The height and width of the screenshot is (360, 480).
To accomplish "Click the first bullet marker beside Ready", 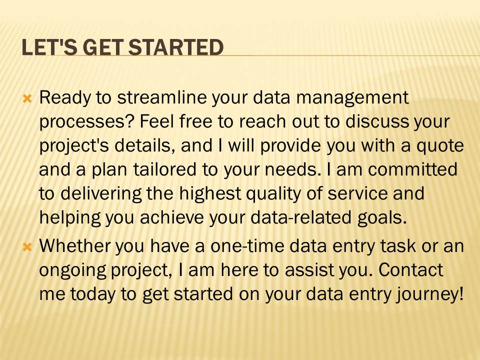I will click(28, 98).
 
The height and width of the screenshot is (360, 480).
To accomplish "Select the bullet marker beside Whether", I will click(28, 246).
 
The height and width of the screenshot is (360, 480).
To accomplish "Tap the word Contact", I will click(411, 270).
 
